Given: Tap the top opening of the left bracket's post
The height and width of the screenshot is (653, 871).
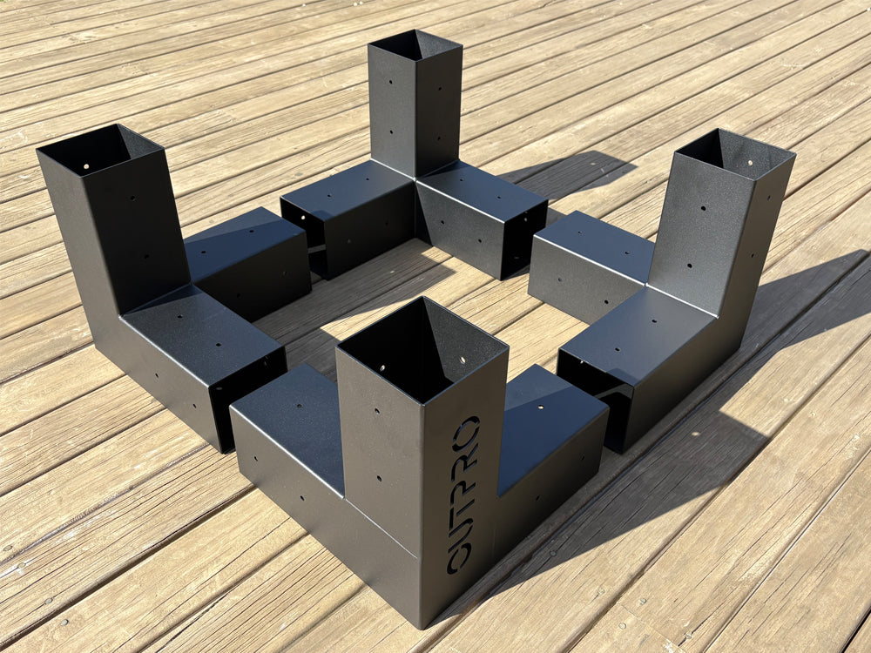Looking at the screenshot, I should point(98,150).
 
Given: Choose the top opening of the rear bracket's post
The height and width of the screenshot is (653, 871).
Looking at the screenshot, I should point(414,44).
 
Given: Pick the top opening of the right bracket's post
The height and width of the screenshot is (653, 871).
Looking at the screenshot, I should point(736,153).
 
